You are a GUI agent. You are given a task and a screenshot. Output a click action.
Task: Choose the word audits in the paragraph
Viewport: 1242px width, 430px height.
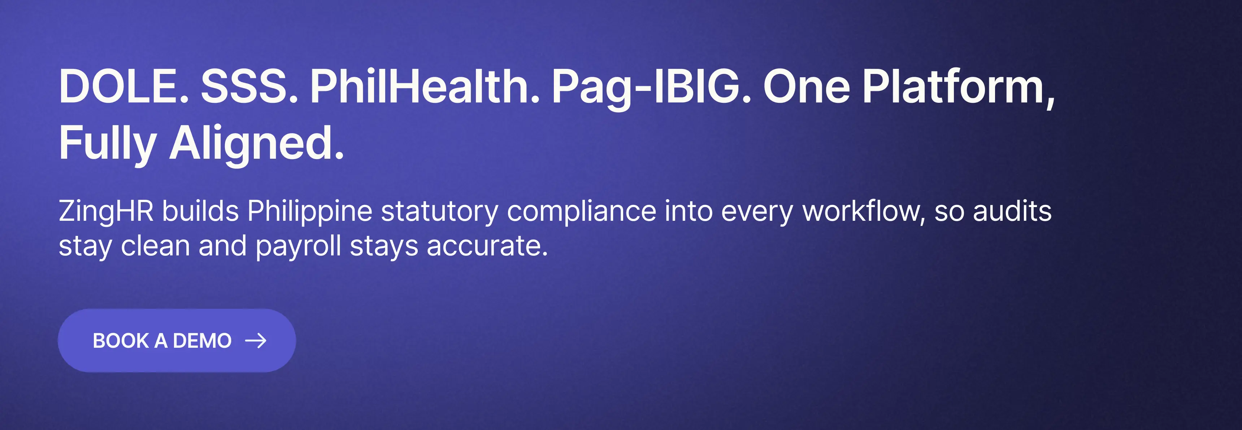pyautogui.click(x=1012, y=211)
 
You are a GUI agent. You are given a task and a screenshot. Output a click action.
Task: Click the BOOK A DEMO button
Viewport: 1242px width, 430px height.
pyautogui.click(x=177, y=341)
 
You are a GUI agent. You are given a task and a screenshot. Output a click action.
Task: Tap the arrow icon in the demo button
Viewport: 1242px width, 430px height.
pyautogui.click(x=256, y=341)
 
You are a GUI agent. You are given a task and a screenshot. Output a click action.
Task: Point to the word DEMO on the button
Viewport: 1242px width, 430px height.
pyautogui.click(x=202, y=341)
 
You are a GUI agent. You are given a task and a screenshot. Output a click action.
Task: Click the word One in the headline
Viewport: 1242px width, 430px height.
pyautogui.click(x=807, y=87)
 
